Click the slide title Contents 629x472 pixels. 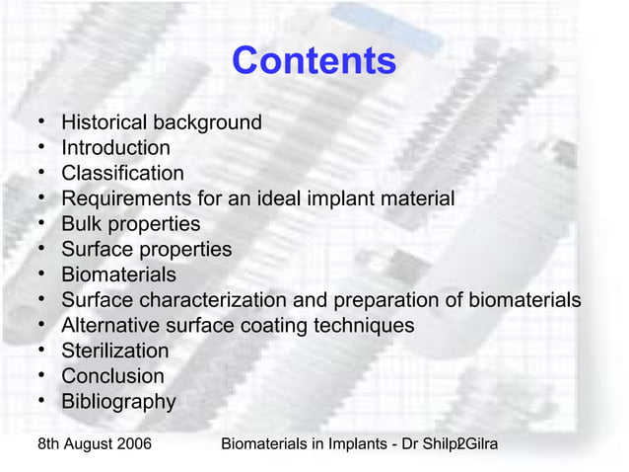coord(314,61)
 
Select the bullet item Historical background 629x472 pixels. coord(162,122)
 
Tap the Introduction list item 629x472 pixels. coord(115,148)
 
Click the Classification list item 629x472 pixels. coord(122,174)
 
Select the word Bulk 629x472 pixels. coord(83,224)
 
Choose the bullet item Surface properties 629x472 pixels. coord(146,250)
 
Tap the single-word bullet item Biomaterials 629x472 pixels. coord(118,275)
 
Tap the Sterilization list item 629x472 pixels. coord(114,351)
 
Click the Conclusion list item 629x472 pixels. coord(112,376)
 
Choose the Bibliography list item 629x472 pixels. coord(118,402)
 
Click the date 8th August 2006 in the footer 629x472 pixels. coord(94,444)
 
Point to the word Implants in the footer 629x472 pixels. coord(342,444)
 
